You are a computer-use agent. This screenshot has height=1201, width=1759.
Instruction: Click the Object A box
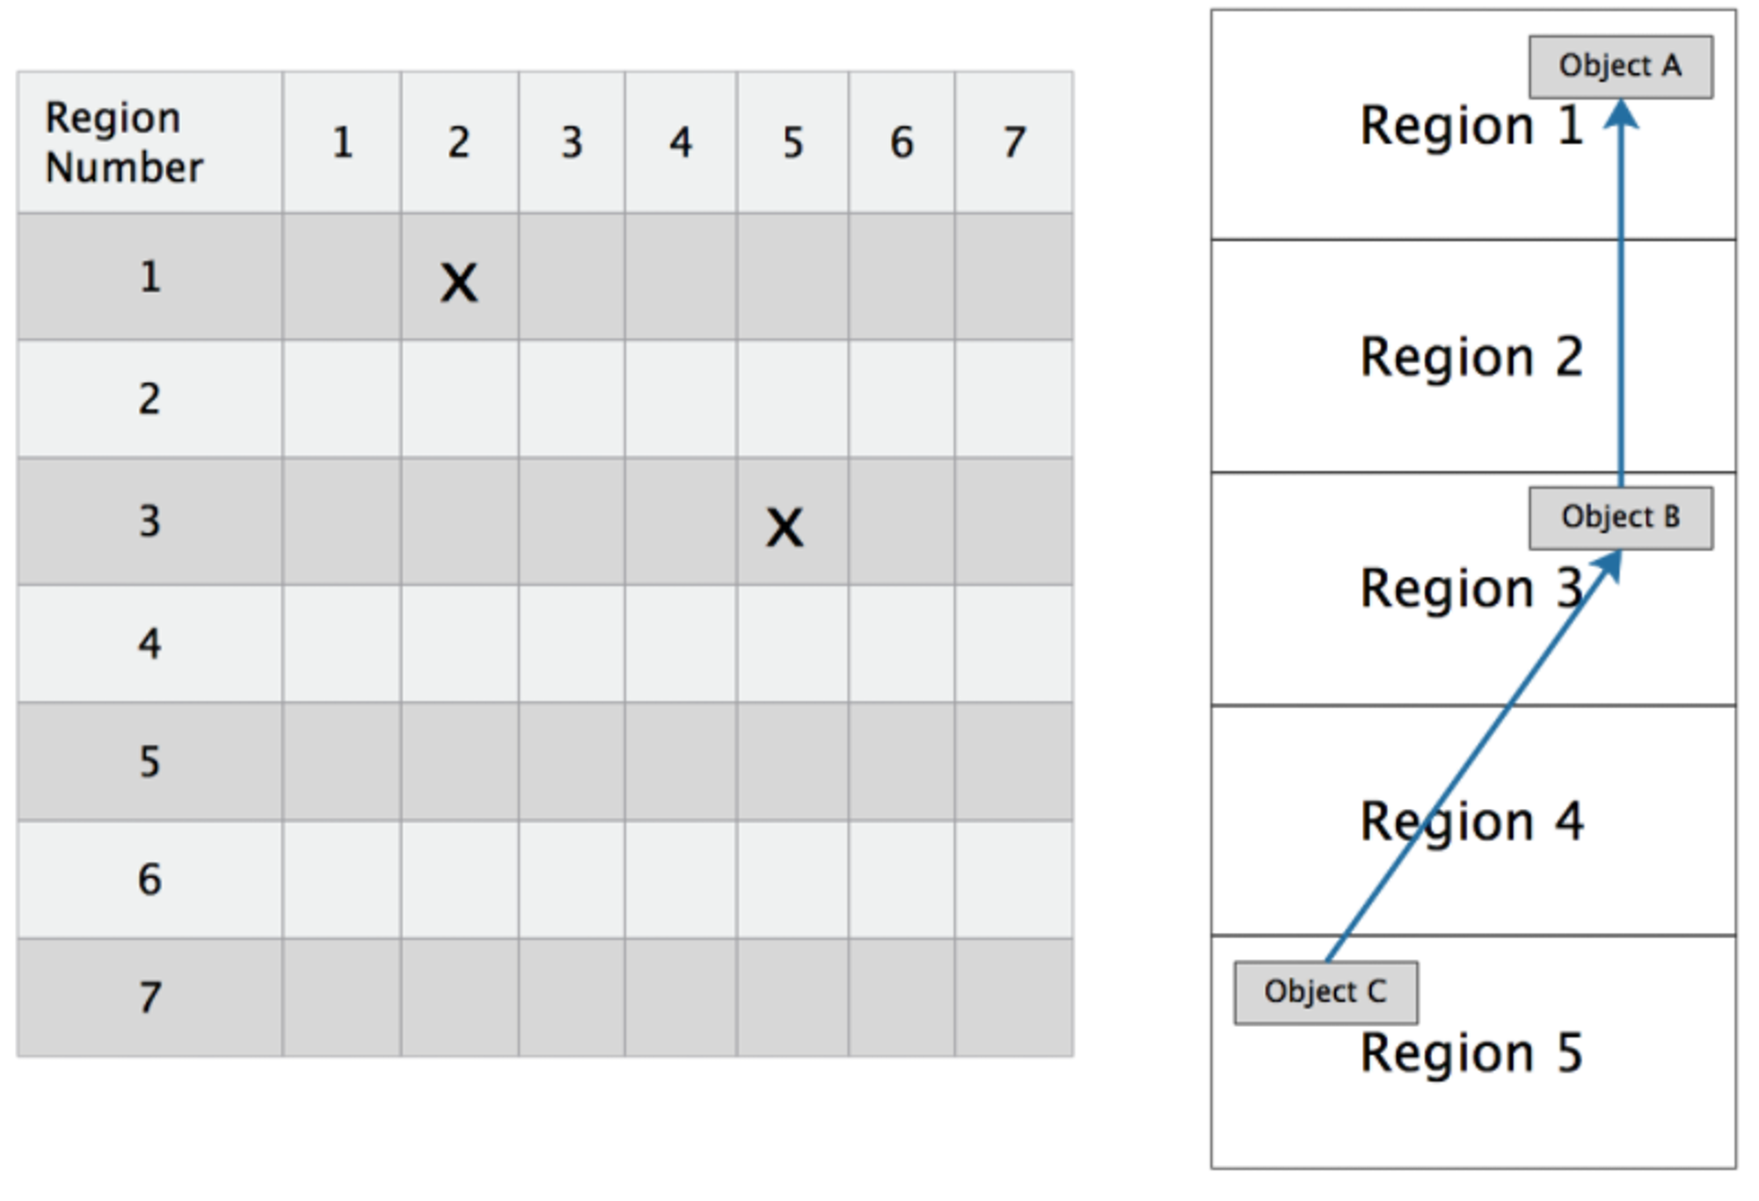click(x=1621, y=67)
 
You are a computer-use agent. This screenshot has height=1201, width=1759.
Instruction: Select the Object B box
click(x=1621, y=518)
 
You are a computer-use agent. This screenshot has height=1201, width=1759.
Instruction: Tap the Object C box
click(x=1326, y=993)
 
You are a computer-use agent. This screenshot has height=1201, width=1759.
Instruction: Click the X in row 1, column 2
click(x=459, y=283)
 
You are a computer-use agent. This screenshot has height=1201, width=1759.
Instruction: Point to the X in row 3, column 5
click(x=785, y=528)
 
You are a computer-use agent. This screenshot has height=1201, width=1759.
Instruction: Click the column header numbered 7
click(x=1014, y=142)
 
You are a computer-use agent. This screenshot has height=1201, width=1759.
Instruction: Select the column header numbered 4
click(x=680, y=142)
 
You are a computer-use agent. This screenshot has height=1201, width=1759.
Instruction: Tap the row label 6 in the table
click(x=150, y=879)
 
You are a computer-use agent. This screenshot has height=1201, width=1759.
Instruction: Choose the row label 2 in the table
click(x=150, y=399)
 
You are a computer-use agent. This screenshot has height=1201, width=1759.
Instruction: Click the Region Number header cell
click(x=150, y=142)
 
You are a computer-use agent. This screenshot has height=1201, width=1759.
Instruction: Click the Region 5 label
click(x=1471, y=1053)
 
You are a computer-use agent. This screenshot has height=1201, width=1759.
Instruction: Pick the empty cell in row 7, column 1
click(x=342, y=997)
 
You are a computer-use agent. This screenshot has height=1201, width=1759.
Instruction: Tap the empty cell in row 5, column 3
click(x=572, y=761)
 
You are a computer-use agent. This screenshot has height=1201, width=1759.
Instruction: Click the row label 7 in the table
click(x=150, y=997)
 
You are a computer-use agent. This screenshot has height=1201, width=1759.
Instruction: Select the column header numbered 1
click(x=342, y=142)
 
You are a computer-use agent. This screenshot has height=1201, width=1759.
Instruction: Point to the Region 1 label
click(x=1471, y=126)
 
